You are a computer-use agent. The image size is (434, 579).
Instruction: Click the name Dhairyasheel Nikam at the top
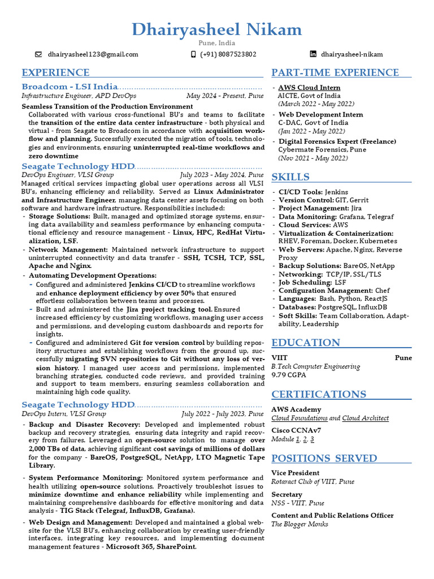pyautogui.click(x=217, y=29)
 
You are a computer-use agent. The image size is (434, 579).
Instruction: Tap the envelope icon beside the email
pyautogui.click(x=38, y=54)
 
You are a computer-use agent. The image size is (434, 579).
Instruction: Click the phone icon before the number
pyautogui.click(x=194, y=54)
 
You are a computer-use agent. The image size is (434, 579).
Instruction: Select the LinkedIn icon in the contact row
pyautogui.click(x=313, y=54)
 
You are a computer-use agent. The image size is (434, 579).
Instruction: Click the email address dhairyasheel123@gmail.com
pyautogui.click(x=93, y=54)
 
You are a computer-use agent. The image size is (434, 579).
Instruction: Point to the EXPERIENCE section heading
pyautogui.click(x=55, y=72)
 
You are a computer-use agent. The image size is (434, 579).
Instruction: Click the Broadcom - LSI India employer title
pyautogui.click(x=70, y=87)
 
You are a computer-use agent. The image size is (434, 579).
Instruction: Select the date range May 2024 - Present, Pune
pyautogui.click(x=224, y=96)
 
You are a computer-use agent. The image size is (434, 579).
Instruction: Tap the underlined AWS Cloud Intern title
pyautogui.click(x=309, y=88)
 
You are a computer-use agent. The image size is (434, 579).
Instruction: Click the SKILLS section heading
pyautogui.click(x=290, y=177)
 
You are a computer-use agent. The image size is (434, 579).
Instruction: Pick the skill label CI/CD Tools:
pyautogui.click(x=300, y=192)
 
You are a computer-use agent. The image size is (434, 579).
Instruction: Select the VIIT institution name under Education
pyautogui.click(x=280, y=358)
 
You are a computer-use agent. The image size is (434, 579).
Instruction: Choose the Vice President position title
pyautogui.click(x=295, y=473)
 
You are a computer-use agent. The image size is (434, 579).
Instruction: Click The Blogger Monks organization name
pyautogui.click(x=300, y=524)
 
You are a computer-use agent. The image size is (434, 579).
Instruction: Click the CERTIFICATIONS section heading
pyautogui.click(x=319, y=394)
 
